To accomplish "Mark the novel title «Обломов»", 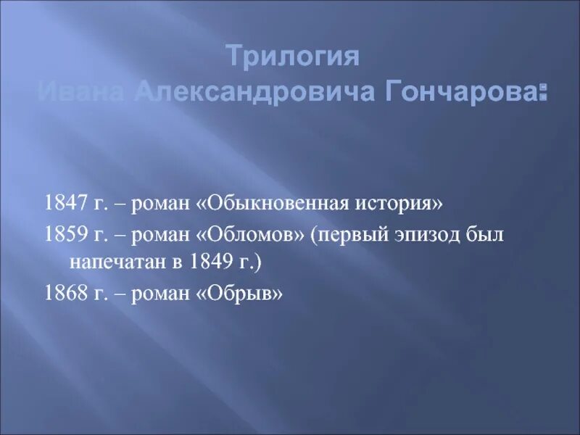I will [x=244, y=235].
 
